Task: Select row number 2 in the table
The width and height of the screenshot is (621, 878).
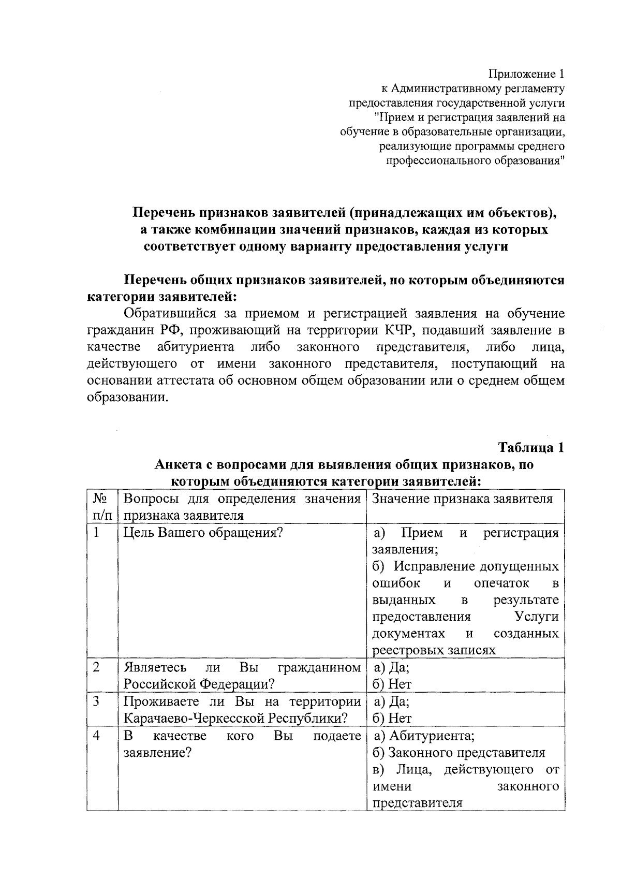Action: (97, 668)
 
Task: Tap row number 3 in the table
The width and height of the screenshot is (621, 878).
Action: (97, 701)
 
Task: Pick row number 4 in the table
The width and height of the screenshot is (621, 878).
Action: (97, 736)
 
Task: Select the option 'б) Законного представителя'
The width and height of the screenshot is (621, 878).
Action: (459, 753)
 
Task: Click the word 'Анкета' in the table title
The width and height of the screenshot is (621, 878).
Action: (178, 464)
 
